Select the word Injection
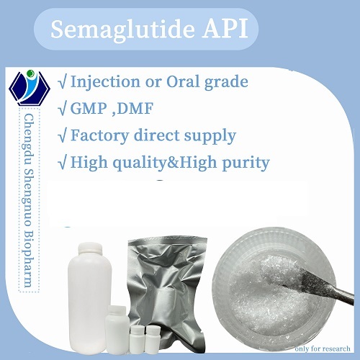[112, 81]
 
